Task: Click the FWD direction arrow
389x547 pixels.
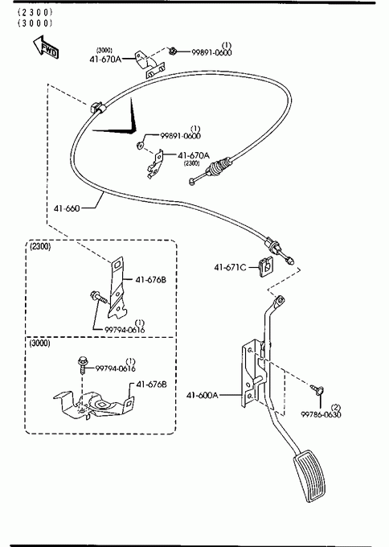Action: (x=46, y=47)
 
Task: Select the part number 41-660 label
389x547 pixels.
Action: (x=67, y=208)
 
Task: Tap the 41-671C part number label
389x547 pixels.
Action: (x=230, y=268)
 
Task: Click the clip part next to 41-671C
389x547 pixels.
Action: (x=266, y=267)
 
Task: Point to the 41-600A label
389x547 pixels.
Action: (x=203, y=395)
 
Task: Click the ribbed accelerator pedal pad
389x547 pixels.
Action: (x=310, y=475)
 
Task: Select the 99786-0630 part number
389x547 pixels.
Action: (x=321, y=414)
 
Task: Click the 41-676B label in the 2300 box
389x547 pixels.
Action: (x=150, y=280)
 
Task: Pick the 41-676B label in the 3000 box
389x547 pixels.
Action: (x=151, y=385)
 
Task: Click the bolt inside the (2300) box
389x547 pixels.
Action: (x=99, y=298)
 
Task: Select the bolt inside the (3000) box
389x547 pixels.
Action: (x=82, y=364)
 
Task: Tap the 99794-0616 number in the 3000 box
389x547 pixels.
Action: (x=116, y=368)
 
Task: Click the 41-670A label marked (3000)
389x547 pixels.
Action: (x=105, y=60)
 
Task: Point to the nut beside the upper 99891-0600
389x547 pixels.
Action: (x=173, y=51)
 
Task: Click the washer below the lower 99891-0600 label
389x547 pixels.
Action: (x=140, y=145)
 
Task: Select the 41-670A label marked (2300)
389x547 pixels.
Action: (x=194, y=155)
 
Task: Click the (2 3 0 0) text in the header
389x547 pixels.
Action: (x=35, y=12)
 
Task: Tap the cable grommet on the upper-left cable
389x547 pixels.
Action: (x=96, y=107)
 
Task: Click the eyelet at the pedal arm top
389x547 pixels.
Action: (x=280, y=300)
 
